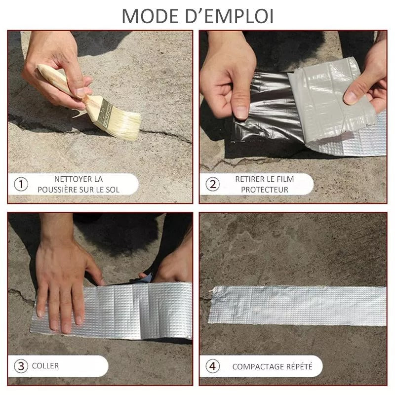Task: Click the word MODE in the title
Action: tap(150, 17)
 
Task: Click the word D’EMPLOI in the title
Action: tap(230, 17)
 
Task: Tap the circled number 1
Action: tap(21, 184)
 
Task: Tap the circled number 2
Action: tap(213, 184)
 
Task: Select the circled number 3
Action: tap(21, 366)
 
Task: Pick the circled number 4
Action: tap(213, 366)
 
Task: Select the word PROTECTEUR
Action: tap(265, 190)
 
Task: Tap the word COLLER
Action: tap(45, 366)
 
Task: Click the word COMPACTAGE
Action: tap(258, 366)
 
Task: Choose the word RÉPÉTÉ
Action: tap(299, 366)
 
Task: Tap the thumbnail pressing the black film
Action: tap(241, 113)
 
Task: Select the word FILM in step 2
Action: tap(285, 179)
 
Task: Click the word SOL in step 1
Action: tap(113, 190)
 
